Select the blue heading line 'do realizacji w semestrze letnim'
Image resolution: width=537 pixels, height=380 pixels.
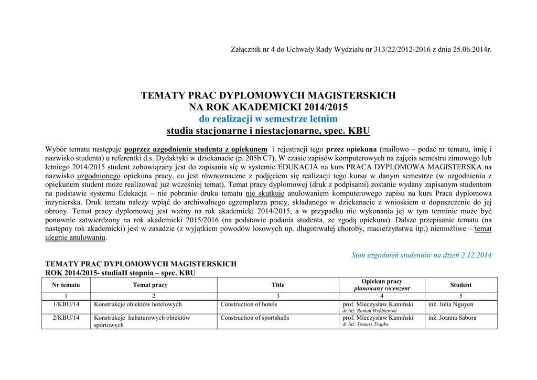coord(268,119)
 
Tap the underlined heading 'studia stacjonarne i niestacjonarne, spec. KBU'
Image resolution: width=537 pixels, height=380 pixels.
coord(268,131)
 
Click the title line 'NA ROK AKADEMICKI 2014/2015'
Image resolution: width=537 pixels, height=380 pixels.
coord(268,107)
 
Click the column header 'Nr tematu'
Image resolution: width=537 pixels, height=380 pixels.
coord(66,285)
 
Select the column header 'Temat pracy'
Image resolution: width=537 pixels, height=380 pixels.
coord(153,285)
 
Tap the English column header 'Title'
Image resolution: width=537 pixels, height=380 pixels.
coord(278,285)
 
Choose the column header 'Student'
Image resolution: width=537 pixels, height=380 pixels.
coord(460,285)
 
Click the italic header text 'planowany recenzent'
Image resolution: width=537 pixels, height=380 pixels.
coord(382,288)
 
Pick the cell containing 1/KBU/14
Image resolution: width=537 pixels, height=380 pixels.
coord(66,304)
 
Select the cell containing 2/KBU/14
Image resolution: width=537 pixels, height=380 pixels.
coord(66,318)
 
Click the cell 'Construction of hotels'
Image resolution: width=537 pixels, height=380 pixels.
coord(249,304)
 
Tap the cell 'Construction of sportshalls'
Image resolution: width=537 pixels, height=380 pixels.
coord(254,318)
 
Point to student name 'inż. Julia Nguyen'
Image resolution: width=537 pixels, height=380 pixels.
coord(450,304)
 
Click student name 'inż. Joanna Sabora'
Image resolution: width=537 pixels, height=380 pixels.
coord(452,318)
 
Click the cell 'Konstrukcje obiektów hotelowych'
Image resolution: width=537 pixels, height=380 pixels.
coord(137,304)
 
